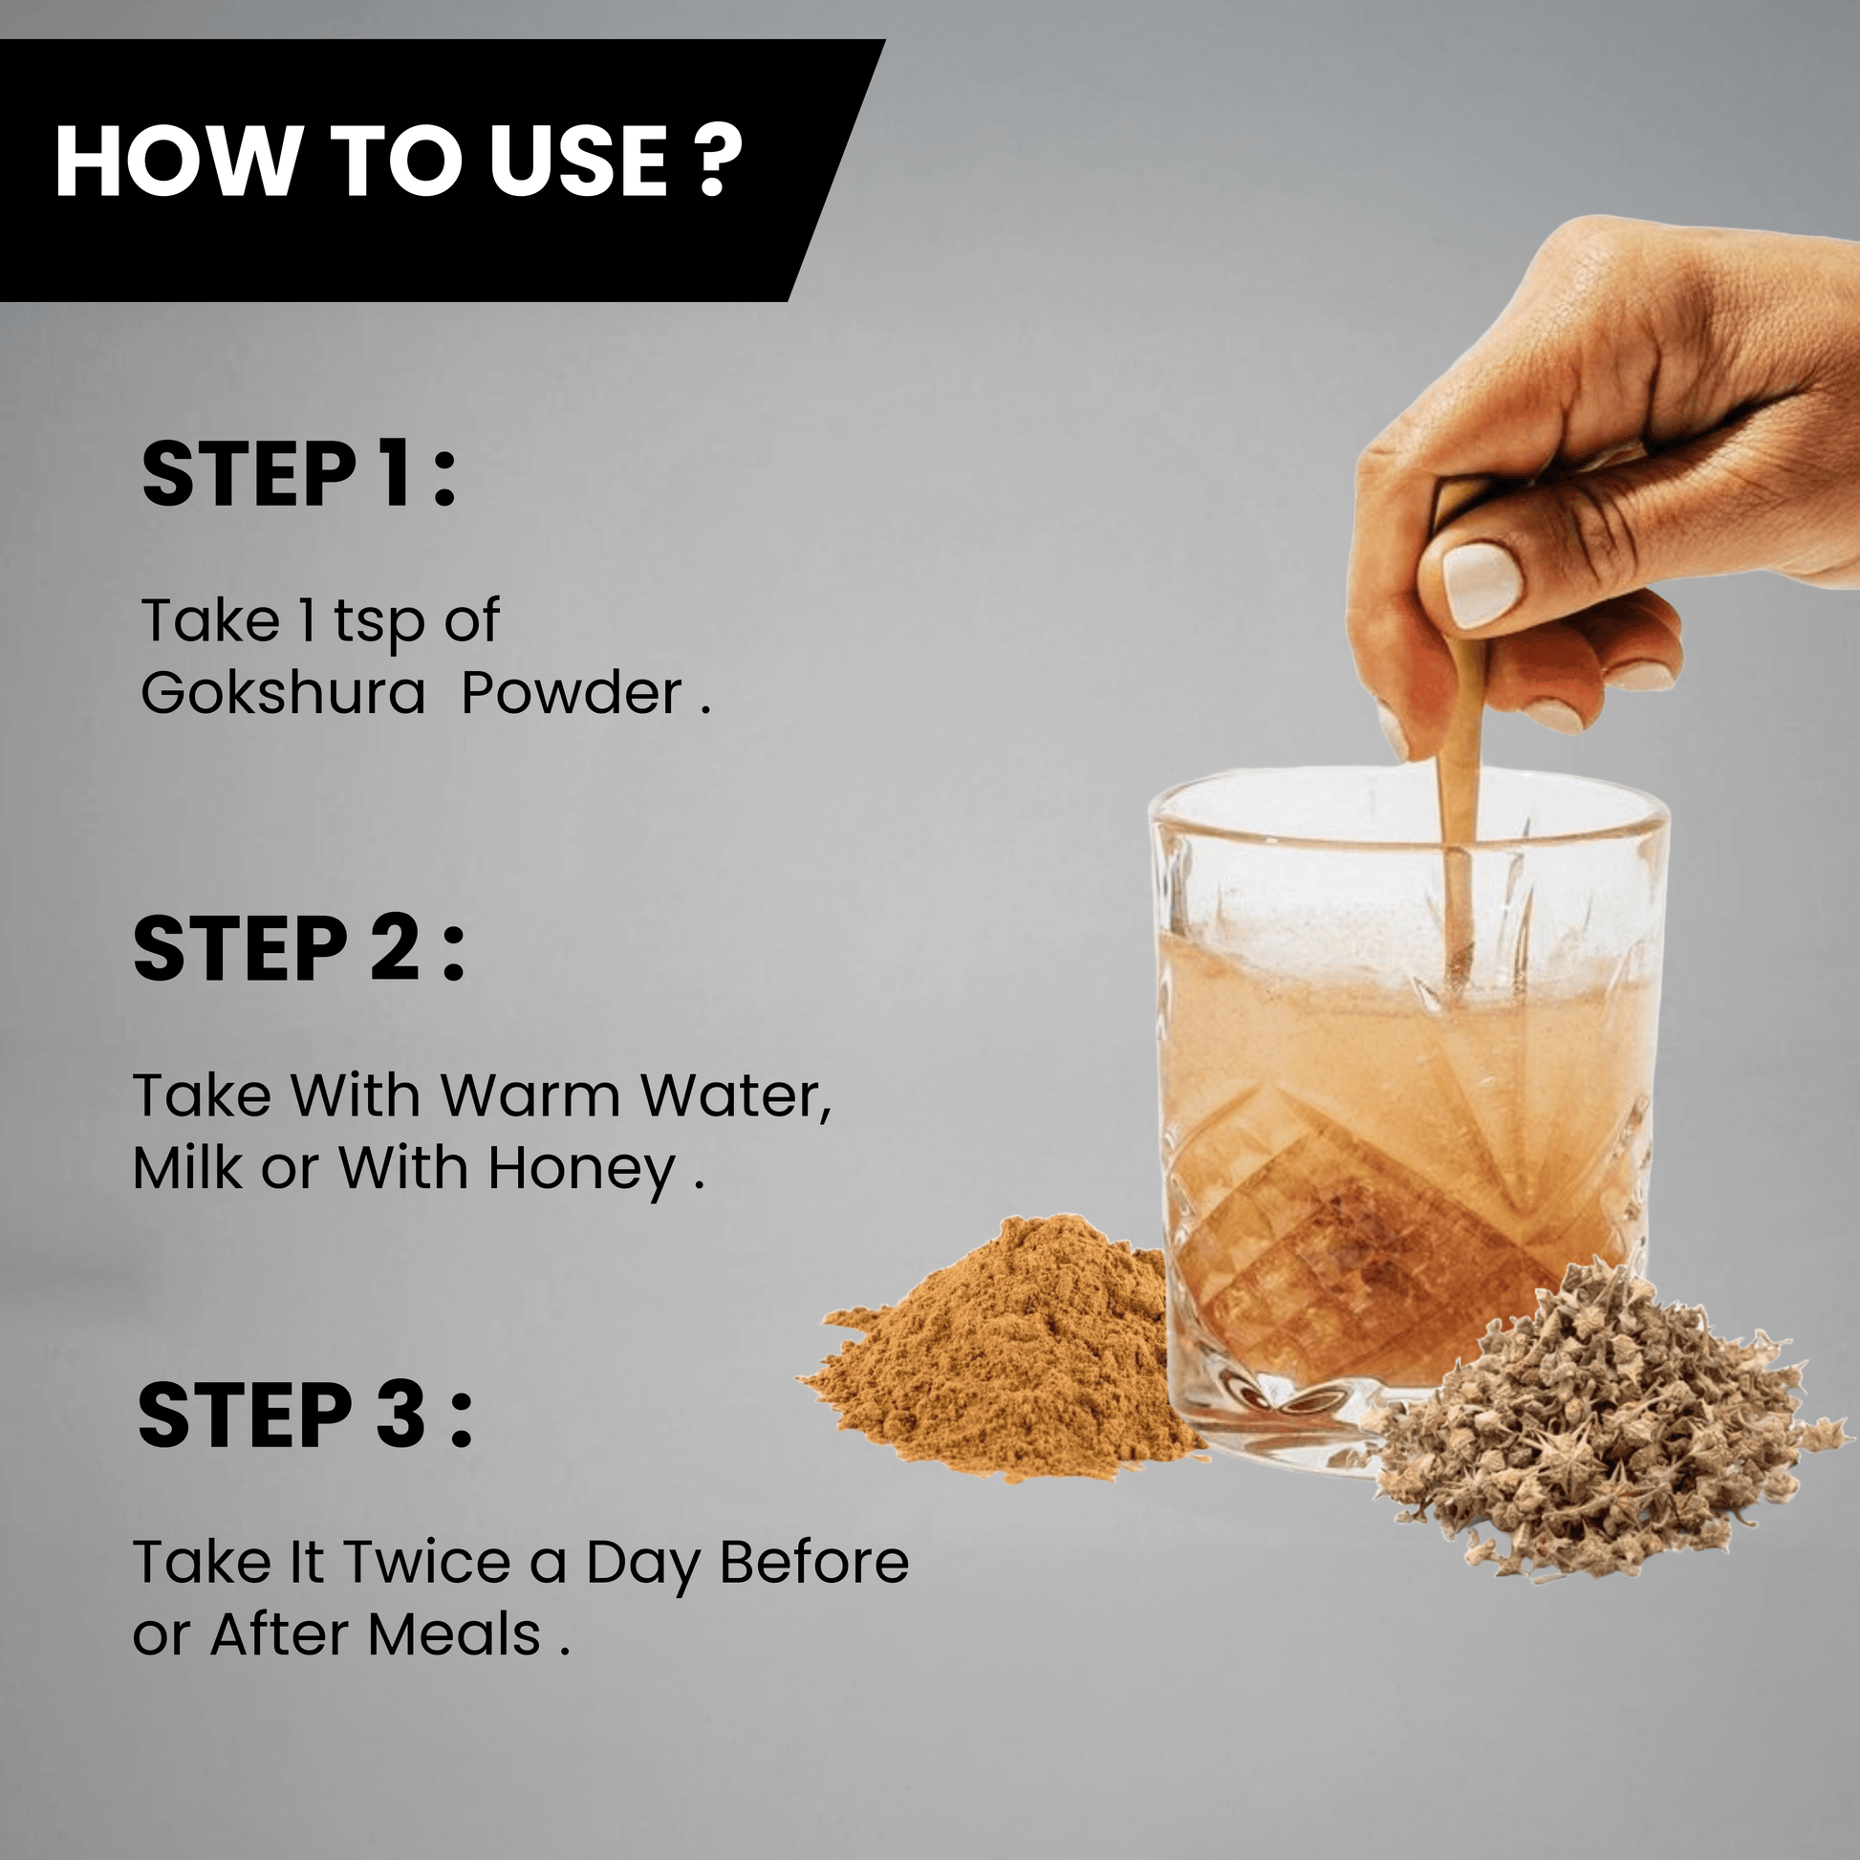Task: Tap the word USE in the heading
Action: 577,161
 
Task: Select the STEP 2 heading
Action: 298,948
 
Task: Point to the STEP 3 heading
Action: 305,1415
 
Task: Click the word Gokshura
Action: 282,693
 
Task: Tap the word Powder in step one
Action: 572,693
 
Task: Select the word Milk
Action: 187,1168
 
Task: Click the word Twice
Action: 427,1562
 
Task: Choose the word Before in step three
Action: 814,1562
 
